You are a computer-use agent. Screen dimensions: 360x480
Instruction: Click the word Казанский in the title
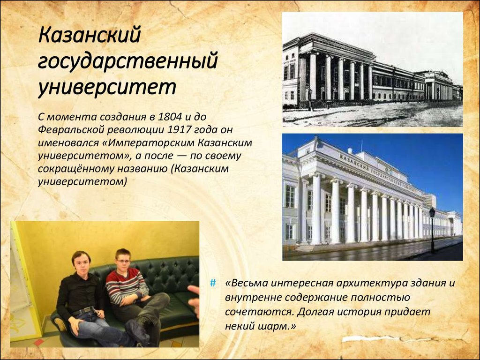[x=89, y=36]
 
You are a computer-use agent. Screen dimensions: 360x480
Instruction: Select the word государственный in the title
[x=127, y=61]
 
